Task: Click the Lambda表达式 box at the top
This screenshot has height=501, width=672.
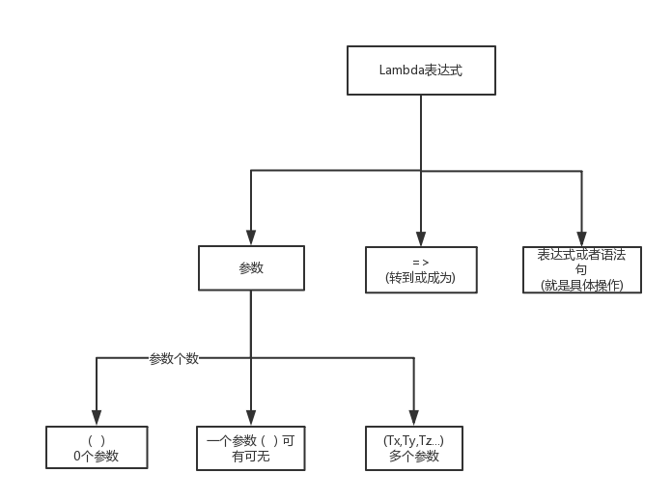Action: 421,71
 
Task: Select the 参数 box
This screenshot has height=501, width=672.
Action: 251,268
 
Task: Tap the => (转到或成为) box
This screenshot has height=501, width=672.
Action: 421,270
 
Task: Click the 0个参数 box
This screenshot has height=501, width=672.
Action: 97,448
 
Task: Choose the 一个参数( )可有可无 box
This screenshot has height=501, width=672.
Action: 251,448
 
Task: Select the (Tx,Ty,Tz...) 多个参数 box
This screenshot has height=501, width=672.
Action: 413,448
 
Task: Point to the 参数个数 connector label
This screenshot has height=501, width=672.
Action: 174,358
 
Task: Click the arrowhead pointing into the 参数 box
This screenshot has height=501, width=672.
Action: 251,237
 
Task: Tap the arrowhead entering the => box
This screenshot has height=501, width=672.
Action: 421,237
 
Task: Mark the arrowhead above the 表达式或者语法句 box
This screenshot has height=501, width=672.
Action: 581,237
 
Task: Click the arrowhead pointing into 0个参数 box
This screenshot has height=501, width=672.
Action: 97,417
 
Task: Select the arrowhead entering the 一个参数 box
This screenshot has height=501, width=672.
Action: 251,417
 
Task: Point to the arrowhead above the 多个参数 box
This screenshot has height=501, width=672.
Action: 413,417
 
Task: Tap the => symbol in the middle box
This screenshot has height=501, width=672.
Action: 420,263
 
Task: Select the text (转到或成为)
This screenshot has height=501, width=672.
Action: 420,278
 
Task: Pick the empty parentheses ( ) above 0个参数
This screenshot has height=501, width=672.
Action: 97,440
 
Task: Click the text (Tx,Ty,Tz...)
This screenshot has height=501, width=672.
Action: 413,440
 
